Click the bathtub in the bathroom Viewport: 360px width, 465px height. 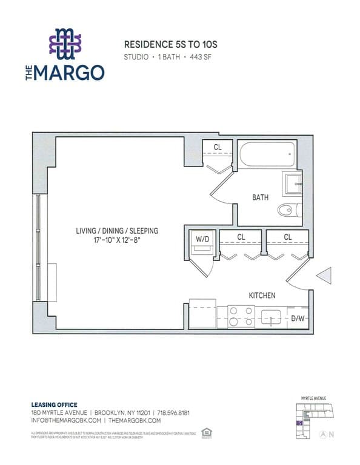(x=267, y=156)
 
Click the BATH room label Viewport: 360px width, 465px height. (x=261, y=197)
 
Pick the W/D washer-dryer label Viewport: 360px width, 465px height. (x=201, y=239)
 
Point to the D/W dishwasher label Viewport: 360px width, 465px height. (x=298, y=318)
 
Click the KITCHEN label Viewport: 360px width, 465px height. (x=262, y=295)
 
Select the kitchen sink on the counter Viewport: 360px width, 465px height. (x=271, y=315)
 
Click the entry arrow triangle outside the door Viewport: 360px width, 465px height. (x=323, y=276)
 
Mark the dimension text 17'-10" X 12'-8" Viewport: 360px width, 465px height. (x=117, y=240)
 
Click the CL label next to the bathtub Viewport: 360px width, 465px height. (x=218, y=147)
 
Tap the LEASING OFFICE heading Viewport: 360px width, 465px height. (x=54, y=405)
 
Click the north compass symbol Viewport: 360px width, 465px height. (x=322, y=434)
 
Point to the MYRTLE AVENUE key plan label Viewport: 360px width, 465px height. (x=313, y=398)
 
